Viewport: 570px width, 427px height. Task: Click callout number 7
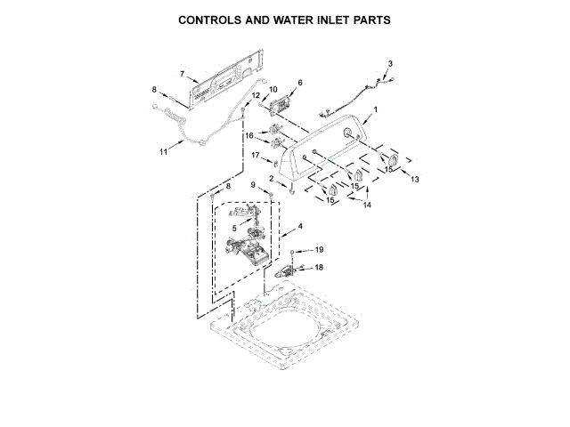point(182,74)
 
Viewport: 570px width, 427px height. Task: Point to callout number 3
point(389,62)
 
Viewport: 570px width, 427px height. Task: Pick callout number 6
point(299,83)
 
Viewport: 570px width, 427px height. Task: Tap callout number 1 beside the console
point(375,109)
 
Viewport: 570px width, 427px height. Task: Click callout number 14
point(367,205)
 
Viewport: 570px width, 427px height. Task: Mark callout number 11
point(163,152)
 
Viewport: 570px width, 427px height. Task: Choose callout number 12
point(256,95)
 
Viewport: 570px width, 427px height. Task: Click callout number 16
point(250,136)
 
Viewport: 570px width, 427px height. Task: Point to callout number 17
point(254,157)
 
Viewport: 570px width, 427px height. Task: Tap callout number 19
point(320,250)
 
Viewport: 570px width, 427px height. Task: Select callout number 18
point(320,267)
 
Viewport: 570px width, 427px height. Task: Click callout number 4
point(300,227)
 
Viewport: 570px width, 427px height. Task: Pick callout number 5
point(235,229)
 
